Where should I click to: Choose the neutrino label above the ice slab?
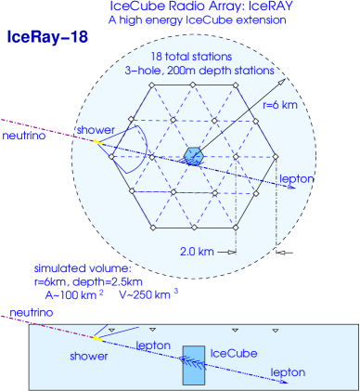coord(25,316)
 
